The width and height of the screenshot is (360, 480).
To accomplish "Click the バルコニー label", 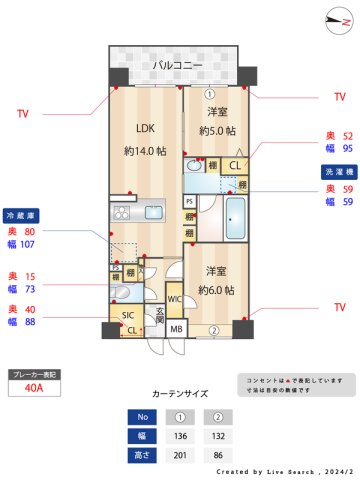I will click(178, 66).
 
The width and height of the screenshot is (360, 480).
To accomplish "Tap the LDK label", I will click(145, 127).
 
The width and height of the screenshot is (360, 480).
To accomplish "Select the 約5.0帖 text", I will click(217, 131).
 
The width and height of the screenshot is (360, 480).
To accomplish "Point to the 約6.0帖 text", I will click(216, 290).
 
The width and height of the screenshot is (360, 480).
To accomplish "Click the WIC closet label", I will click(174, 299).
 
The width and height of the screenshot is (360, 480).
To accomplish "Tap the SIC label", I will click(127, 316).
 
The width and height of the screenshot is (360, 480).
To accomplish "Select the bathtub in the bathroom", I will click(236, 219).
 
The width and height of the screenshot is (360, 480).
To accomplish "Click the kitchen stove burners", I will click(124, 211).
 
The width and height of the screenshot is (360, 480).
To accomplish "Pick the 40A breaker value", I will click(33, 389).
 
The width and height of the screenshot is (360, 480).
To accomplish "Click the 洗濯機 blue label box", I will click(336, 171).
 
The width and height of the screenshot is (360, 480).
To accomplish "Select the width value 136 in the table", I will click(181, 435).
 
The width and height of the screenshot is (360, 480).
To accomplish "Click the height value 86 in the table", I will click(213, 455).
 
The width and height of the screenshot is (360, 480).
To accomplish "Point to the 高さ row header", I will click(142, 455).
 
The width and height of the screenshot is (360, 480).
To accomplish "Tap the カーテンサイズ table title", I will click(180, 393).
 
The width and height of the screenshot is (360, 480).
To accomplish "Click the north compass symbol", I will click(333, 21).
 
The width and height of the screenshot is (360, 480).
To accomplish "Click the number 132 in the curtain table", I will click(213, 435).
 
